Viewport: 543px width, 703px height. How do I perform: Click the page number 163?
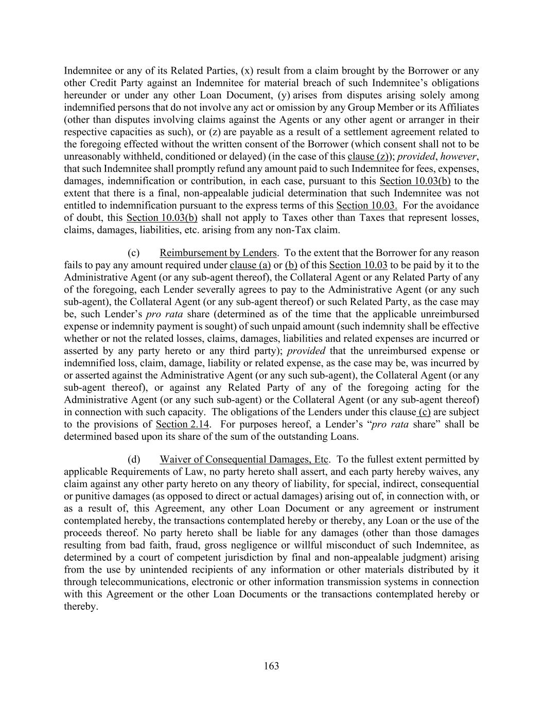271,666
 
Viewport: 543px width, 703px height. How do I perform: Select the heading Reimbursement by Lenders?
218,253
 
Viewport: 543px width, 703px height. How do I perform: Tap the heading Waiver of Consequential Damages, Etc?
244,459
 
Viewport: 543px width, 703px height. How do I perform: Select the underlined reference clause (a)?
250,265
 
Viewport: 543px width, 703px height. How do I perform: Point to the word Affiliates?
457,107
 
